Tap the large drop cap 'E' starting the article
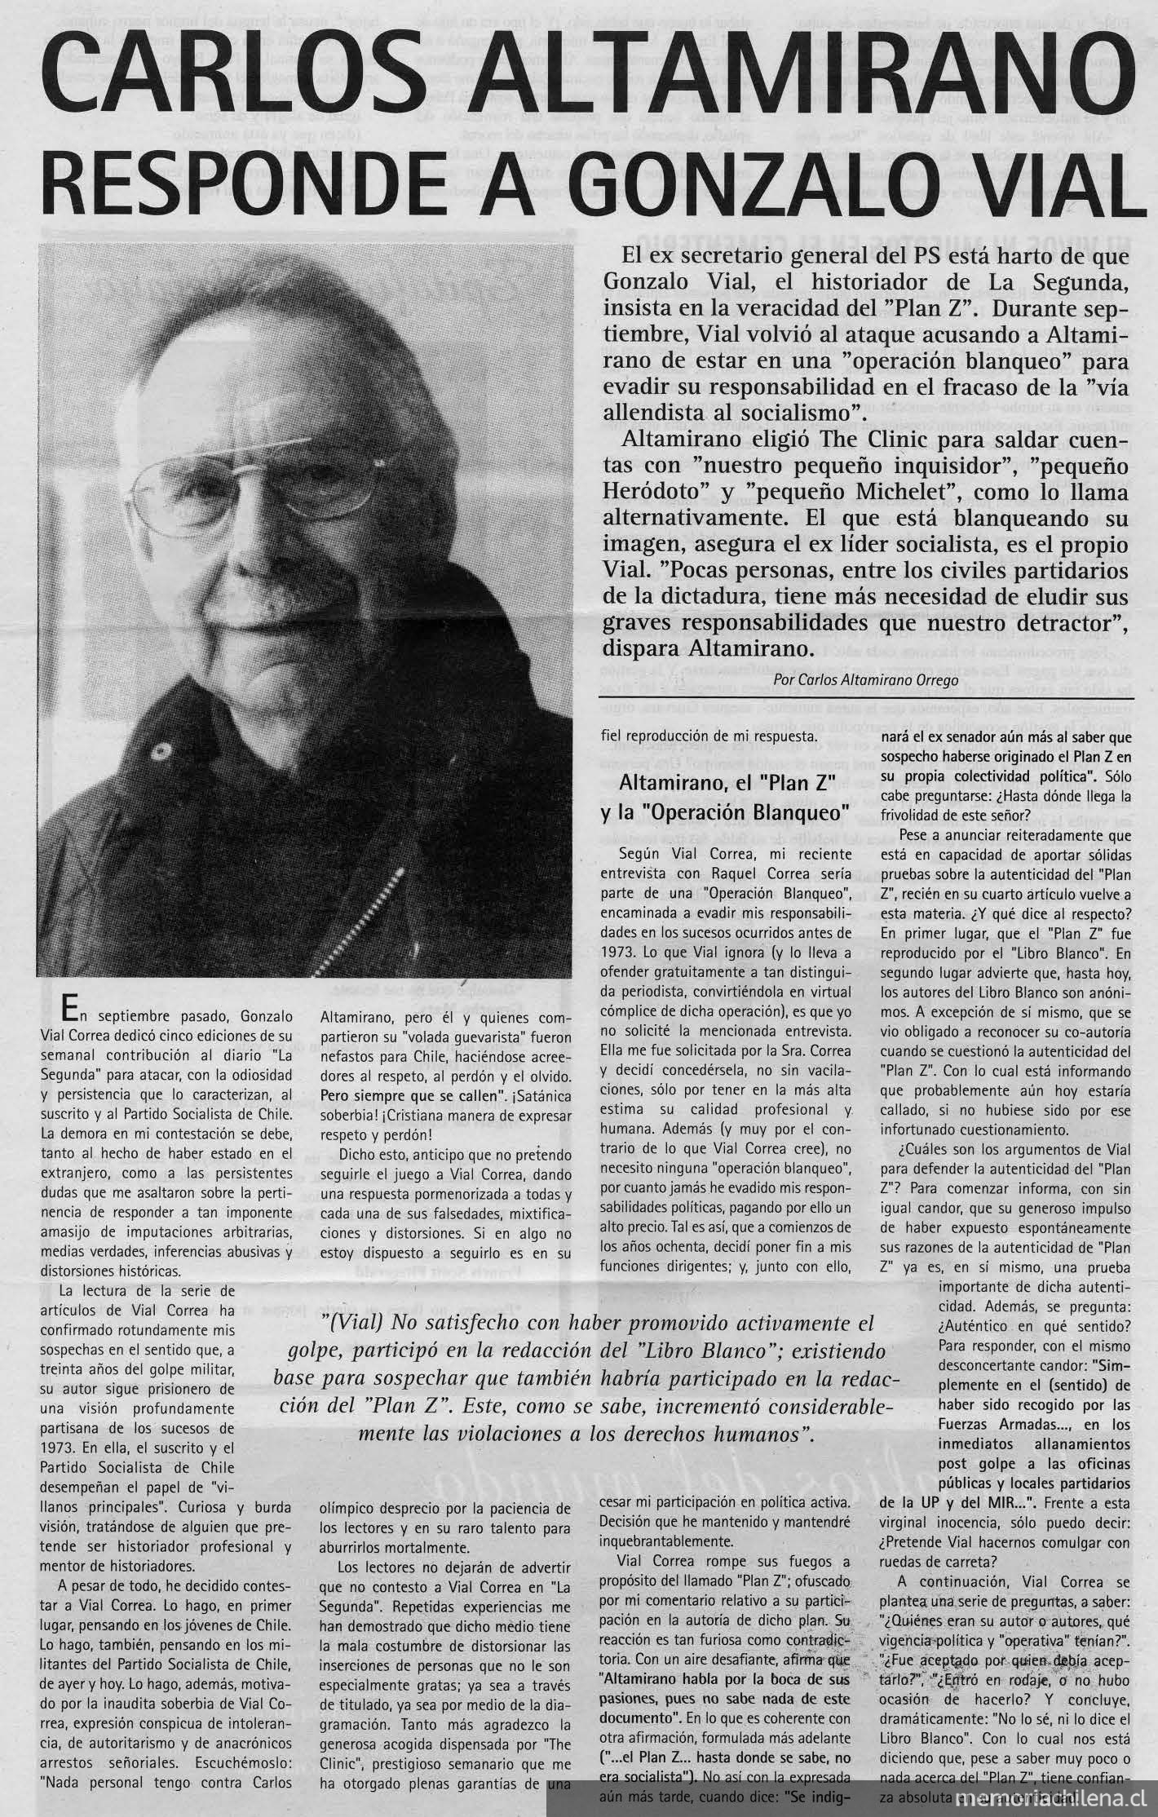click(73, 1009)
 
